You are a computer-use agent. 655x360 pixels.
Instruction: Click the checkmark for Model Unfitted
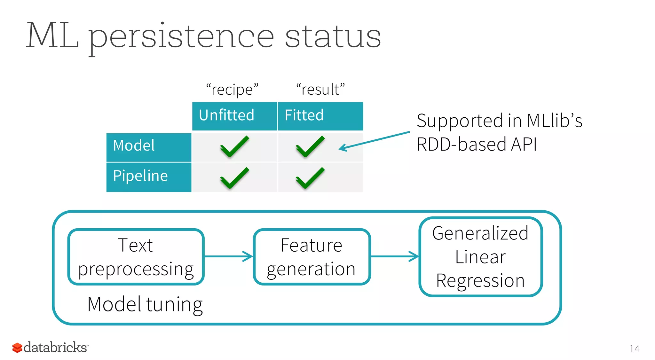tap(234, 146)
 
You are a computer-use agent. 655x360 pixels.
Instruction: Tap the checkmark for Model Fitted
tap(310, 146)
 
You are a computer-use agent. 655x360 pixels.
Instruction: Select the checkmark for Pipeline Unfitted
tap(234, 178)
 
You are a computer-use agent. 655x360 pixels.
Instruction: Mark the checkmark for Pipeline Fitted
tap(310, 178)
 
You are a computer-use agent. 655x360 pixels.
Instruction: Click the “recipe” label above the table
tap(233, 90)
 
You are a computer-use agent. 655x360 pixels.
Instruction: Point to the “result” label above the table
tap(320, 90)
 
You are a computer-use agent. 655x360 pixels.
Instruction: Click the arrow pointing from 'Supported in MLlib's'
tap(374, 140)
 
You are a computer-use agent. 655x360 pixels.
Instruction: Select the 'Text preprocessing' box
tap(136, 257)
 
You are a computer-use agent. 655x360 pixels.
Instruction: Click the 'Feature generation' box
tap(312, 257)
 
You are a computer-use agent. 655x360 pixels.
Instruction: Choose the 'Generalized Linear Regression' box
tap(480, 257)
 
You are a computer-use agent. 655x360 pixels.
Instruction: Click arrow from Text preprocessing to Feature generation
tap(228, 256)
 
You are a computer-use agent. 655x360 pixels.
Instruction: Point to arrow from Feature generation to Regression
tap(394, 256)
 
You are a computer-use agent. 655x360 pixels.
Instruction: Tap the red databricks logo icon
tap(17, 348)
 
